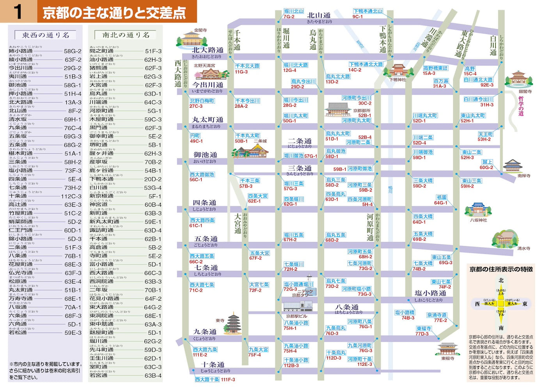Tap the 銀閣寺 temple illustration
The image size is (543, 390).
[518, 79]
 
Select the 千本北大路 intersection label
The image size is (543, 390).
[247, 66]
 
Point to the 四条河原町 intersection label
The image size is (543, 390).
[360, 199]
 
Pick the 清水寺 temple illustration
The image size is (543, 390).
[506, 238]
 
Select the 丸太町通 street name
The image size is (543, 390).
[208, 120]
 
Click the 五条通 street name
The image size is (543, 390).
[206, 239]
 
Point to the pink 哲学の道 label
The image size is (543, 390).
[521, 106]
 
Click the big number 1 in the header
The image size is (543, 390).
[18, 12]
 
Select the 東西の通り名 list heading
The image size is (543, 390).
[45, 35]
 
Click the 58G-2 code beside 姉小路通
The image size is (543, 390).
[73, 51]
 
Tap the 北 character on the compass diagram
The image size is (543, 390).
[501, 280]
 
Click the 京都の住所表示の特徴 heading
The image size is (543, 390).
[501, 269]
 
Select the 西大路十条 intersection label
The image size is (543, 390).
[207, 379]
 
